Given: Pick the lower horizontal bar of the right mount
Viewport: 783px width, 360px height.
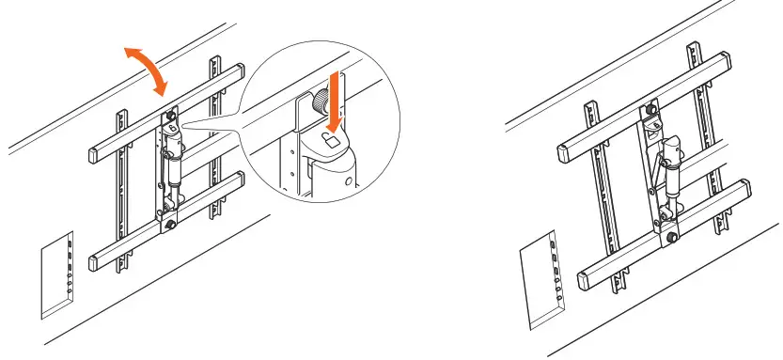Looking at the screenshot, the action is [658, 235].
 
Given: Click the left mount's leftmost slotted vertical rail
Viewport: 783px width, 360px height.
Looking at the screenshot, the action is [119, 188].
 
